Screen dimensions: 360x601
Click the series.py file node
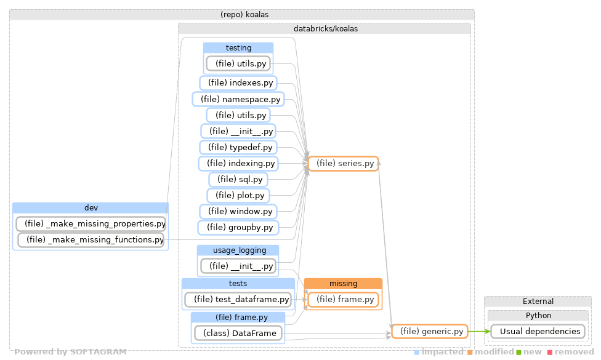click(x=343, y=164)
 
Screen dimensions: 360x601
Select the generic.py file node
click(x=430, y=332)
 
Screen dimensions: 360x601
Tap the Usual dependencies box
click(x=537, y=332)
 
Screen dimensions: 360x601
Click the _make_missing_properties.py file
click(x=91, y=223)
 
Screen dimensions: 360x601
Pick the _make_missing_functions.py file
click(x=91, y=239)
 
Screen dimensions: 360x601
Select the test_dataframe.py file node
click(x=237, y=300)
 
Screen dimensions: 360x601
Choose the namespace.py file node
click(x=237, y=99)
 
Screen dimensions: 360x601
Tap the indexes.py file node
click(x=238, y=82)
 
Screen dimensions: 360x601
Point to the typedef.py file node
click(x=238, y=148)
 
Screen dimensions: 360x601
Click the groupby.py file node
click(x=238, y=228)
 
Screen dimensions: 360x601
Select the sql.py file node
click(x=238, y=180)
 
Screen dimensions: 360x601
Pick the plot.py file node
click(x=238, y=196)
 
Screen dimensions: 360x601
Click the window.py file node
click(x=238, y=212)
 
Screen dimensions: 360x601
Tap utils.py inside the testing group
click(x=238, y=63)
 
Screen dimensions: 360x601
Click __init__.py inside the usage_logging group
click(x=238, y=266)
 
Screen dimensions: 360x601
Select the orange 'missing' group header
click(x=343, y=284)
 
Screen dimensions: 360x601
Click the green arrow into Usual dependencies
click(x=478, y=332)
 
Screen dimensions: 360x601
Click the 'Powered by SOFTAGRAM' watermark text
click(x=70, y=352)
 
